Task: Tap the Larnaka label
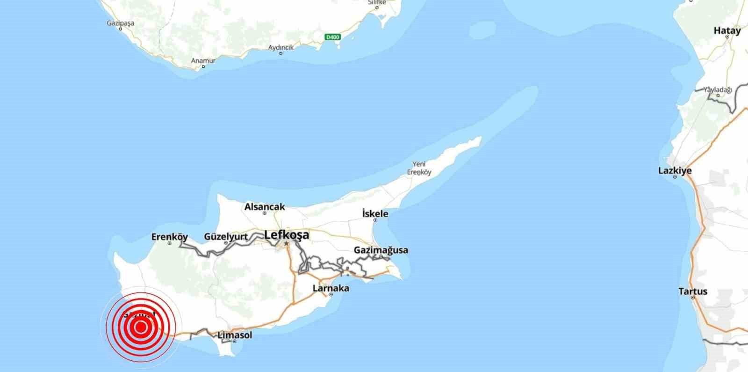(331, 288)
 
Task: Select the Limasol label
(235, 335)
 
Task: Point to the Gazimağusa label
(381, 250)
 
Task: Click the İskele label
(375, 214)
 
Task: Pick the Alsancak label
(265, 207)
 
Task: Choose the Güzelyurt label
(226, 237)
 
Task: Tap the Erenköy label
(170, 237)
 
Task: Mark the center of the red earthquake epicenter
(140, 327)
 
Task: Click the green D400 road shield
(334, 37)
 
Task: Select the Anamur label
(203, 61)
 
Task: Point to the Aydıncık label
(280, 48)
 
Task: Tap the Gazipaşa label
(121, 23)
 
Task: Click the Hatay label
(727, 31)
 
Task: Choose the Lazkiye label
(675, 171)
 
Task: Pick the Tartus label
(693, 292)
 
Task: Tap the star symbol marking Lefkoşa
(286, 243)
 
